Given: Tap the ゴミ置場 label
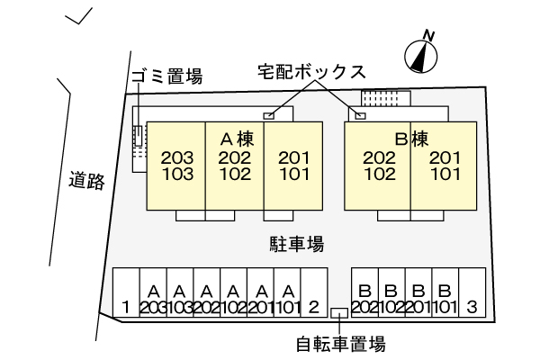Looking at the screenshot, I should pos(166,76).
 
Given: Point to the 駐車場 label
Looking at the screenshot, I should pos(296,244).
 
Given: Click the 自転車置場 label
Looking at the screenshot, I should pos(341,343).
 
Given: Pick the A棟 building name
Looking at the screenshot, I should pos(234,139).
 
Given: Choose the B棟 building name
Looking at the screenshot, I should pos(410,139).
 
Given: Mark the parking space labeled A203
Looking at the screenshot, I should pos(153,300).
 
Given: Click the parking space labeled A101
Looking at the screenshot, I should pos(287,300).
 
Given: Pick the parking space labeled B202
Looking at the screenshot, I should pos(364,300).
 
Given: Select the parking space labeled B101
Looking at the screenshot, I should pos(445,300).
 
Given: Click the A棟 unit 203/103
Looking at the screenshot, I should pos(177,166).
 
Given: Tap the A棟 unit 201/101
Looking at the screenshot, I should pos(293,166).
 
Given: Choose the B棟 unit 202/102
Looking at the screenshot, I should pos(379,166).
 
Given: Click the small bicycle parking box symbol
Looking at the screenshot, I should pos(339,313).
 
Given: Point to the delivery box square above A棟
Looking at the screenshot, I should pos(268,116).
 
